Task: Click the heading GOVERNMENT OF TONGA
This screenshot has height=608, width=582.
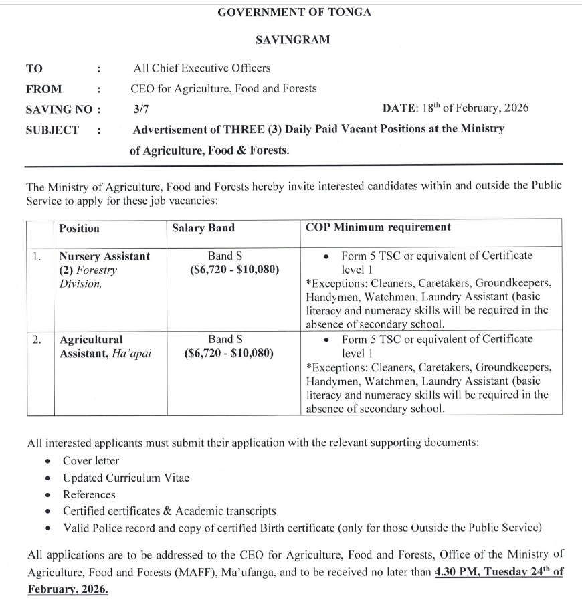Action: (294, 12)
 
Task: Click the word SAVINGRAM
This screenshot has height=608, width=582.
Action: (293, 39)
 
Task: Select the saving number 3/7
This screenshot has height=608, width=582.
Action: (140, 109)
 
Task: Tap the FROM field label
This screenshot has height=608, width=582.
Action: (43, 88)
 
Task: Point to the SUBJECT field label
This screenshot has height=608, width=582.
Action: (52, 130)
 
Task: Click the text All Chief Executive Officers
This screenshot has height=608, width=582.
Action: (201, 68)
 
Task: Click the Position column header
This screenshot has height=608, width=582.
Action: (79, 228)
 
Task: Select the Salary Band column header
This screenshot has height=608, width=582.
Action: (203, 228)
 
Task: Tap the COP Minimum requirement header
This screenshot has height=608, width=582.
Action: (378, 227)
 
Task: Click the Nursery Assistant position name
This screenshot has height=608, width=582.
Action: (104, 256)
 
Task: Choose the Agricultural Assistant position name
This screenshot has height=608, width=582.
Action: (91, 340)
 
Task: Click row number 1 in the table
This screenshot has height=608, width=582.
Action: (39, 256)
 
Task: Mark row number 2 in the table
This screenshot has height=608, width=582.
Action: (39, 340)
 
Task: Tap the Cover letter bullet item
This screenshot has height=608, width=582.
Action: (91, 460)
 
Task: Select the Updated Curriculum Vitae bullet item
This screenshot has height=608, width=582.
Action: (126, 478)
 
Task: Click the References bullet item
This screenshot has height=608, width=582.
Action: (89, 494)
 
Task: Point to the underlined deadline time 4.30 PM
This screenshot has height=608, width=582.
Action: (455, 572)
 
